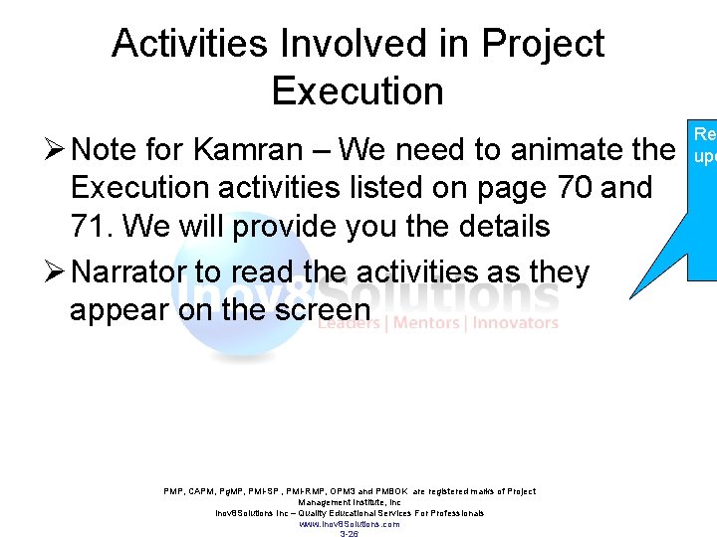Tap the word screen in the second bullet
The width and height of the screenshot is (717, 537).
click(x=320, y=309)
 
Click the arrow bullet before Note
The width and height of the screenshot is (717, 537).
click(x=56, y=150)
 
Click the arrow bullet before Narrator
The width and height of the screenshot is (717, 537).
click(x=56, y=271)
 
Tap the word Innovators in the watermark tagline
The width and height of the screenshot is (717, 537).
click(x=515, y=322)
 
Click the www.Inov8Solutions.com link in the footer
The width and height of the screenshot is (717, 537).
click(x=350, y=523)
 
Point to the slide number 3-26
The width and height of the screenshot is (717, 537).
click(x=350, y=534)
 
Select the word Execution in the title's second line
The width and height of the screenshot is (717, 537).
click(x=357, y=91)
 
